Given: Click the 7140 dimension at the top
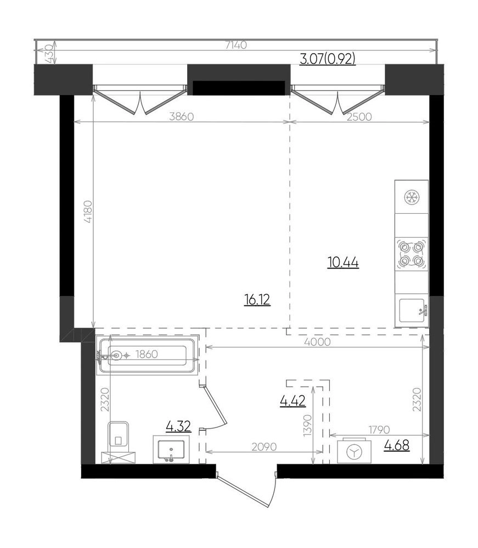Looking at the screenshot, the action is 236,45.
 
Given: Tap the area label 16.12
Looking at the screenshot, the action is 257,300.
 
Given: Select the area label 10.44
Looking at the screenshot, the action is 343,262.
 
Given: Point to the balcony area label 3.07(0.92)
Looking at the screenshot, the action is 328,59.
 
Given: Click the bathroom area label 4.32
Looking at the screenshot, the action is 178,426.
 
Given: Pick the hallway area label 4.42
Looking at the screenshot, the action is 293,401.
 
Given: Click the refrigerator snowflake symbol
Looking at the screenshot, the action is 412,197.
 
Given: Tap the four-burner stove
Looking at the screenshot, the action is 412,254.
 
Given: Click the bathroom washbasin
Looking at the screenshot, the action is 171,449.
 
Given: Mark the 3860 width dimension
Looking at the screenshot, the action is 181,116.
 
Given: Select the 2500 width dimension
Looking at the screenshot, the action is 359,116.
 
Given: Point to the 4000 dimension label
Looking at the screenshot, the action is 317,342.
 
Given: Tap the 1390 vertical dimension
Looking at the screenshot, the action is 307,425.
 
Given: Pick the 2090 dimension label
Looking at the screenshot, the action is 264,447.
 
